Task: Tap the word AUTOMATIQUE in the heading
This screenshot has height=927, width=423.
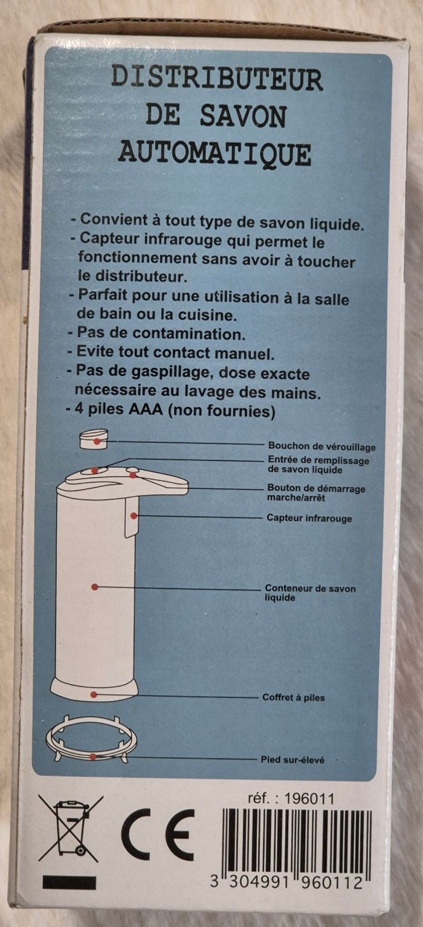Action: pyautogui.click(x=215, y=154)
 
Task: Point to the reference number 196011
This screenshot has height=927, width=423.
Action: pyautogui.click(x=312, y=799)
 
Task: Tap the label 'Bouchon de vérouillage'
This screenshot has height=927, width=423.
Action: pyautogui.click(x=322, y=447)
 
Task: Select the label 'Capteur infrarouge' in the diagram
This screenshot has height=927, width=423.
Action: pyautogui.click(x=309, y=518)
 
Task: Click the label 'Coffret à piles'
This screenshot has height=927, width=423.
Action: pyautogui.click(x=293, y=697)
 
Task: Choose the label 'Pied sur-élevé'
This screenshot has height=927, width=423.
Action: pyautogui.click(x=292, y=760)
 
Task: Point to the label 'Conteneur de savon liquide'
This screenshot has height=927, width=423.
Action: pyautogui.click(x=310, y=593)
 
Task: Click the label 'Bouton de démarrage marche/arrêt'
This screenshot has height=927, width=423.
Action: pyautogui.click(x=316, y=493)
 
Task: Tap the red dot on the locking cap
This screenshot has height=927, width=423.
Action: pyautogui.click(x=97, y=442)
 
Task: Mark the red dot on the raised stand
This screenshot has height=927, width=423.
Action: pyautogui.click(x=93, y=757)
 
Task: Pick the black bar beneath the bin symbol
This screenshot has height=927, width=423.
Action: pyautogui.click(x=69, y=882)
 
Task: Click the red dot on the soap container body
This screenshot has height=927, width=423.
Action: pyautogui.click(x=94, y=586)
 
